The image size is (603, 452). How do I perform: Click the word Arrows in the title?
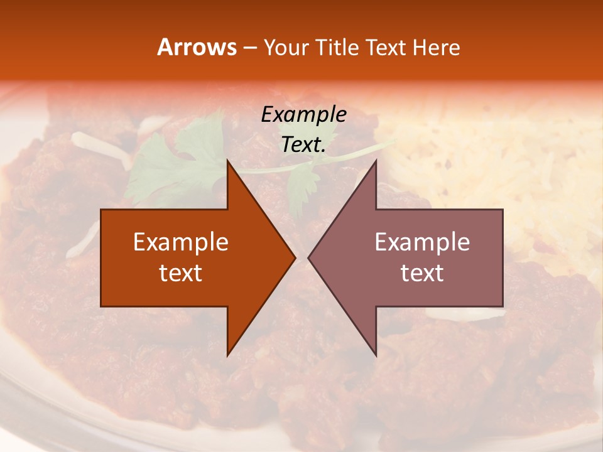click(x=197, y=47)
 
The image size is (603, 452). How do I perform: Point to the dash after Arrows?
click(x=248, y=48)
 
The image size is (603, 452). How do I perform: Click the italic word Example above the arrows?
click(x=303, y=114)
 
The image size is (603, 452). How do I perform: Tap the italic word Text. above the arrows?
click(x=303, y=145)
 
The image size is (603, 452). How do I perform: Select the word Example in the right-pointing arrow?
click(x=181, y=242)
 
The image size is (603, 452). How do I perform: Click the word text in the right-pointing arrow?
click(x=181, y=273)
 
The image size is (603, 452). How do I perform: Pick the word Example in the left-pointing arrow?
click(x=422, y=242)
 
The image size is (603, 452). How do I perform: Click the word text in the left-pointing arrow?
click(x=422, y=273)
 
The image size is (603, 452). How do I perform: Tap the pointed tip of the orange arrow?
click(x=295, y=257)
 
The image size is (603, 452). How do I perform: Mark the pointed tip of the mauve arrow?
click(x=308, y=257)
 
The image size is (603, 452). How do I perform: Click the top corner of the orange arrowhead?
click(x=227, y=161)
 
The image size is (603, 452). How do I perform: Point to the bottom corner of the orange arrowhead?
click(x=227, y=355)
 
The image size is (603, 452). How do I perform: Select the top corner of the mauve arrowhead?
click(x=376, y=161)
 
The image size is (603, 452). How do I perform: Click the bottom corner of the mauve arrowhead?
click(x=376, y=355)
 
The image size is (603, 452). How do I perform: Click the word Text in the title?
click(x=388, y=47)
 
